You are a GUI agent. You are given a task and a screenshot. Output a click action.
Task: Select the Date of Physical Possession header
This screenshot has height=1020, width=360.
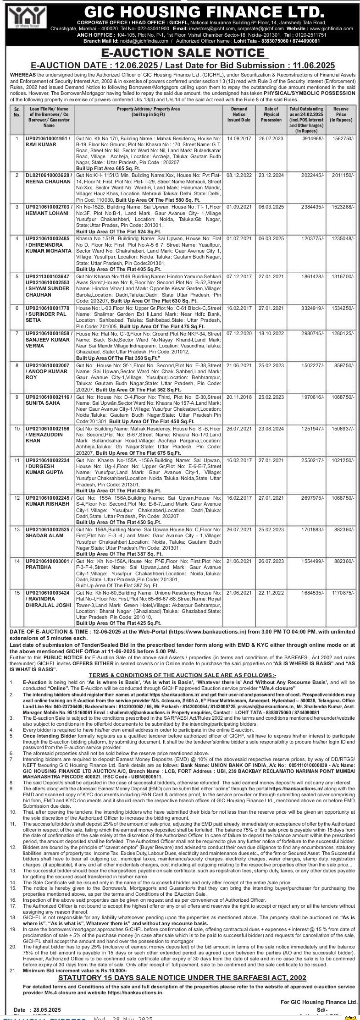coord(271,115)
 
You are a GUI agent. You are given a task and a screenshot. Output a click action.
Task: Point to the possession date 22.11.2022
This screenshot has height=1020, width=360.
coord(271,592)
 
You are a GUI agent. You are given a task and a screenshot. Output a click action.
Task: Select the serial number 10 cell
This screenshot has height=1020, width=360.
coord(17,428)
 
